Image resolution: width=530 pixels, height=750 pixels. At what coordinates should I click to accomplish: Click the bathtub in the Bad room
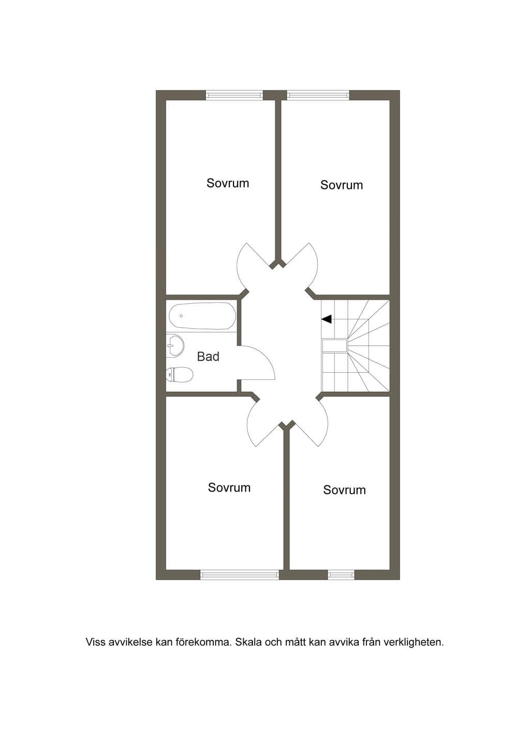pyautogui.click(x=202, y=316)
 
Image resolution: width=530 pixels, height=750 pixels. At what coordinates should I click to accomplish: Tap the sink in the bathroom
pyautogui.click(x=175, y=345)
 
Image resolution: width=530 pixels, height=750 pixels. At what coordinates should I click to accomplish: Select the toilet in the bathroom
pyautogui.click(x=179, y=374)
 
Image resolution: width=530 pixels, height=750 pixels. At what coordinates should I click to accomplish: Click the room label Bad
pyautogui.click(x=208, y=356)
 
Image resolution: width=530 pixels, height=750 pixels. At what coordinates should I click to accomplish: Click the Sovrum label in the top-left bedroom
pyautogui.click(x=228, y=183)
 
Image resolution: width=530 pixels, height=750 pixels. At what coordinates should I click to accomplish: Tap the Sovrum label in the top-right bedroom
pyautogui.click(x=342, y=185)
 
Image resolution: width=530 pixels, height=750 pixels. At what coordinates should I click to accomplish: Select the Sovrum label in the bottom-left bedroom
pyautogui.click(x=229, y=487)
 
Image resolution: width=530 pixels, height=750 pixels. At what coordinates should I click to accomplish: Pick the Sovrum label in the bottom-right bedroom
pyautogui.click(x=344, y=490)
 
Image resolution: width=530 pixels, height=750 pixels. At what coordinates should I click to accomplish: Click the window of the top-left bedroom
pyautogui.click(x=234, y=95)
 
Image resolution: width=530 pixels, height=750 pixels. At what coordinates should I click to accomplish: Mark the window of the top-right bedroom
pyautogui.click(x=318, y=95)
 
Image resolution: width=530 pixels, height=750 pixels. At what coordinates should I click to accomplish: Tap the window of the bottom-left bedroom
pyautogui.click(x=240, y=575)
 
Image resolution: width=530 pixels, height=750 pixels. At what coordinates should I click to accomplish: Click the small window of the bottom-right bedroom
pyautogui.click(x=341, y=575)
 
